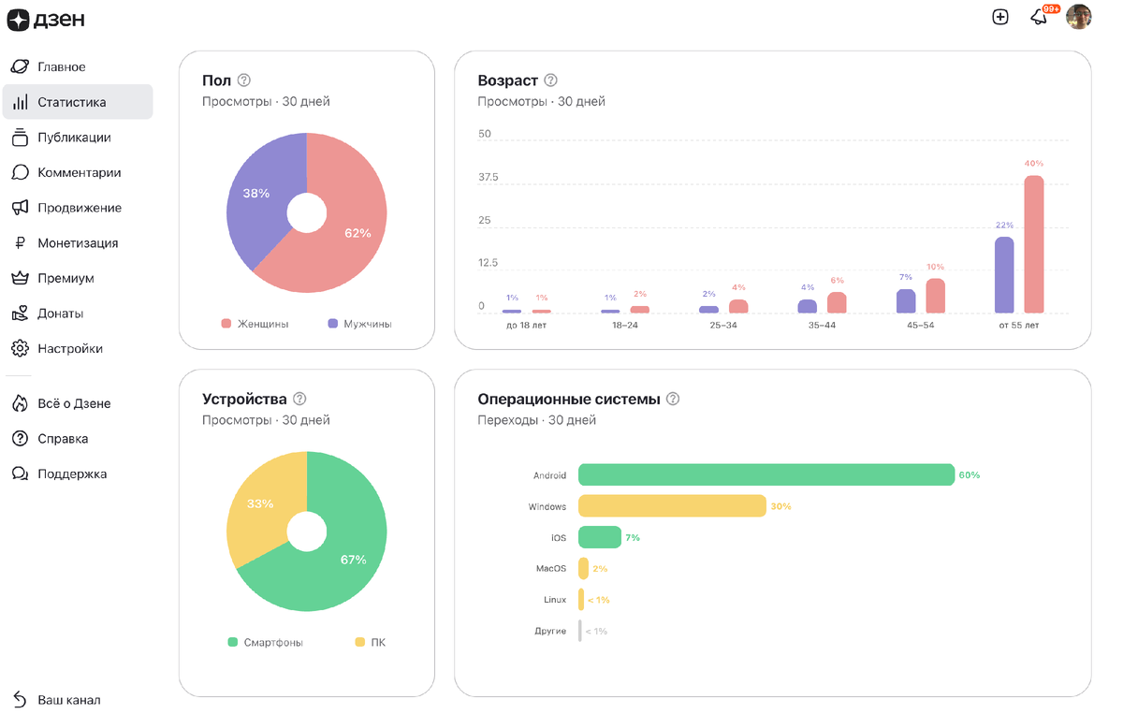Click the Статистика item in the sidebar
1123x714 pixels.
point(71,102)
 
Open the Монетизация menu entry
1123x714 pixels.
point(77,243)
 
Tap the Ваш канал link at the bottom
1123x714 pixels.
point(68,700)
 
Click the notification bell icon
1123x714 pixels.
point(1039,17)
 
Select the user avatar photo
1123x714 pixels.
point(1078,17)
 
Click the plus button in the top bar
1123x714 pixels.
point(1000,17)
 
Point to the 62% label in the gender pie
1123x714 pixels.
point(357,233)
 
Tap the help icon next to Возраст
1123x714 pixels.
point(551,80)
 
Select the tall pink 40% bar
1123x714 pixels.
point(1033,243)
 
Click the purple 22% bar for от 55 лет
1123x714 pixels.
point(1004,274)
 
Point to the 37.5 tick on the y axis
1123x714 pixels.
point(488,177)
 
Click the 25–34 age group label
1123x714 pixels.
point(723,326)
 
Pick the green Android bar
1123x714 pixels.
point(766,475)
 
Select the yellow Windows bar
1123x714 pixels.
point(672,506)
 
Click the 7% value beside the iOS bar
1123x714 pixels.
point(633,538)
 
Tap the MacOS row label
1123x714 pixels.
point(550,568)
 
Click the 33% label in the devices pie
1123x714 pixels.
point(259,503)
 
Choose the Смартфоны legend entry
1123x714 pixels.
point(272,643)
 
